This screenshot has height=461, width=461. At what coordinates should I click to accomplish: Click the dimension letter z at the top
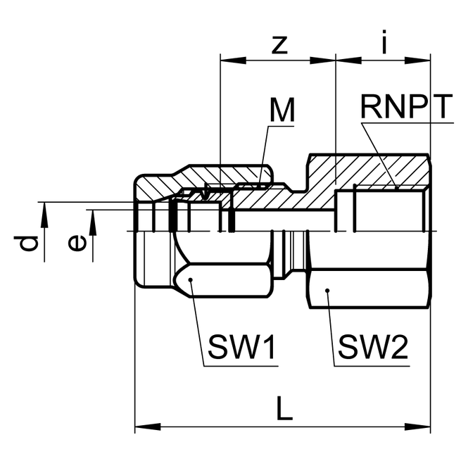coord(280,44)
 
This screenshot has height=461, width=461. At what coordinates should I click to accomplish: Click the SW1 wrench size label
coord(241,347)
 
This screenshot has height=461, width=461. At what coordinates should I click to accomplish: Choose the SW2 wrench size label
coord(373,347)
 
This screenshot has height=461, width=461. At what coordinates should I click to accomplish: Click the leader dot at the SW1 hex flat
coord(191,280)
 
